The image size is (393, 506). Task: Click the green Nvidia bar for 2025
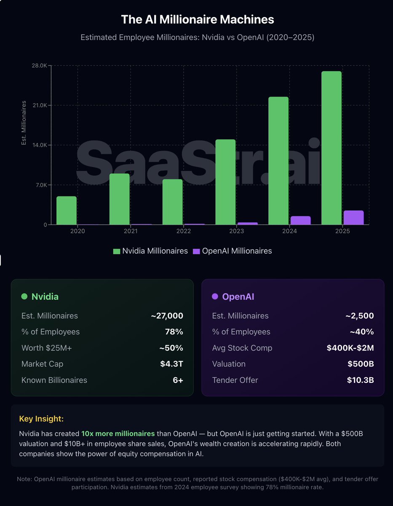[331, 148]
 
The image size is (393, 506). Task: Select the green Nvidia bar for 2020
[67, 210]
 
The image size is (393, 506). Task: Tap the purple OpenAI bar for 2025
[353, 218]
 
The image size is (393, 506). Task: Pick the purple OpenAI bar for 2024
[300, 221]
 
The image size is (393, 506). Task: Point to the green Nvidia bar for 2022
[173, 202]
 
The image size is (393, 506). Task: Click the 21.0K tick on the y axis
[39, 105]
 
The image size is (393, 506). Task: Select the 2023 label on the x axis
[237, 231]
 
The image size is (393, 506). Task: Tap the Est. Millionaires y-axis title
[24, 123]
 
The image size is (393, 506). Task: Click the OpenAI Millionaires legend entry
[232, 251]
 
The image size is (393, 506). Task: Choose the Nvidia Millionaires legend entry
[150, 251]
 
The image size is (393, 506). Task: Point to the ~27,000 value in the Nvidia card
[167, 316]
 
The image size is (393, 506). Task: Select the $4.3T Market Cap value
[171, 364]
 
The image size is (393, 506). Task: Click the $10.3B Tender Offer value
[360, 380]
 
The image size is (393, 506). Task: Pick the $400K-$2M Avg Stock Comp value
[350, 348]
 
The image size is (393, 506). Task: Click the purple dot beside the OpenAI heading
[215, 296]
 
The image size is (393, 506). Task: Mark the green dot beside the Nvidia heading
[24, 296]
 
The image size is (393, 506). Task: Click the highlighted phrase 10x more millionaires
[118, 433]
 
